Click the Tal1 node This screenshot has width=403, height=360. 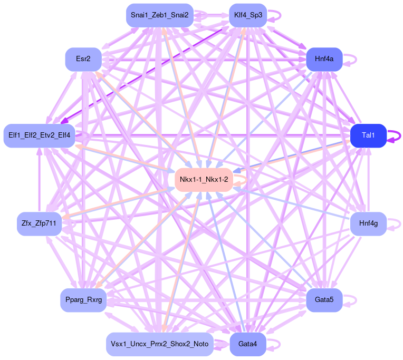pos(368,135)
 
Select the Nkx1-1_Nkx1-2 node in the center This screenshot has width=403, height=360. pos(204,180)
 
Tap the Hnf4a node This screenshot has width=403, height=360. pos(324,59)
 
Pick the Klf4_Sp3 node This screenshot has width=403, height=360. pos(248,15)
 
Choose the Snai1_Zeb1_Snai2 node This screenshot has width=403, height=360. pos(159,15)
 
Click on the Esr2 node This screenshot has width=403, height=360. pos(83,59)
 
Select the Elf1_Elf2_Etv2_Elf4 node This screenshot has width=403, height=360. pos(39,135)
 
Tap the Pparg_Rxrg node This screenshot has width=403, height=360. pos(83,300)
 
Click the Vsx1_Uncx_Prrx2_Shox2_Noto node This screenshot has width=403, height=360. pos(159,344)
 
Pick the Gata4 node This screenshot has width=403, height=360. pos(248,344)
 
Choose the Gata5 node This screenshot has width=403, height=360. pos(324,300)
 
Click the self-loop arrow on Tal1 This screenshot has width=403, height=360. pos(397,136)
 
